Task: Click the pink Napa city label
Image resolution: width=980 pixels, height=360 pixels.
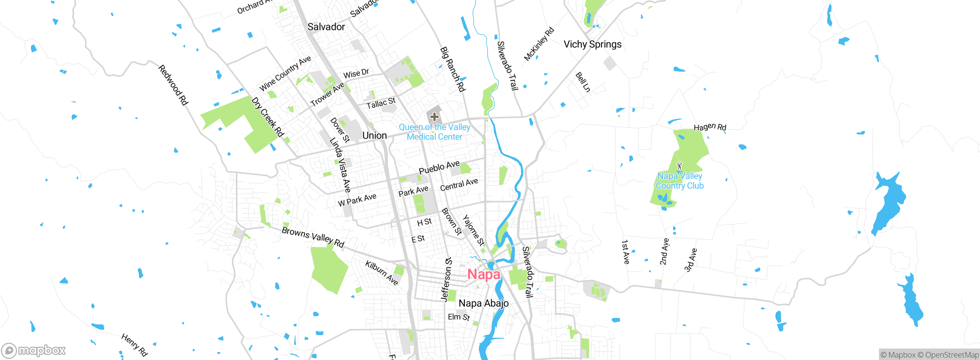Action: tap(483, 274)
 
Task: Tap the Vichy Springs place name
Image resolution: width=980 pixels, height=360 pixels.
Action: tap(592, 44)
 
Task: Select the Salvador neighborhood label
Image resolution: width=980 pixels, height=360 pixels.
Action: tap(326, 27)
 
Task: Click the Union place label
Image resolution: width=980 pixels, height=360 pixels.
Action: tap(374, 136)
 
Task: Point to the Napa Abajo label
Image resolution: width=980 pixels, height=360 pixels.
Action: tap(483, 303)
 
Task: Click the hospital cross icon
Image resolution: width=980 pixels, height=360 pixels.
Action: tap(434, 116)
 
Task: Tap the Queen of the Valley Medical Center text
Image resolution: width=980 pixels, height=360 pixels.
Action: tap(434, 132)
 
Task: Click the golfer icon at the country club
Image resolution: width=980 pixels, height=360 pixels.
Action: tap(679, 166)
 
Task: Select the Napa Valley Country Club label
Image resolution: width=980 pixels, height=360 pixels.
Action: tap(679, 181)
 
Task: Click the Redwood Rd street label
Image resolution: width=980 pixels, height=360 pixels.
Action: tap(173, 85)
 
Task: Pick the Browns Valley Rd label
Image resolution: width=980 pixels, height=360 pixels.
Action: tap(313, 237)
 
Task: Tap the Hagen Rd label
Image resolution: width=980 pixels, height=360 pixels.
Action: tap(710, 127)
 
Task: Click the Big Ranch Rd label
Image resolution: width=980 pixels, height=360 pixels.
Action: tap(452, 69)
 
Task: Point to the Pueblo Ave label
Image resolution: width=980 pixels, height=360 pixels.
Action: tap(439, 167)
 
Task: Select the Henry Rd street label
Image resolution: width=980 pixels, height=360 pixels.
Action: tap(134, 345)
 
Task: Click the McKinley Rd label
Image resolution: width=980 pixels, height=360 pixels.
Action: tap(539, 44)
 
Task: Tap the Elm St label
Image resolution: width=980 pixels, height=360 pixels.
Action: tap(459, 317)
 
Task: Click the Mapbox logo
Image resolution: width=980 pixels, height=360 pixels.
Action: tap(34, 350)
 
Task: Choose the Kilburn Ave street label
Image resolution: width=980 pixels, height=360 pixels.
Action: tap(382, 273)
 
